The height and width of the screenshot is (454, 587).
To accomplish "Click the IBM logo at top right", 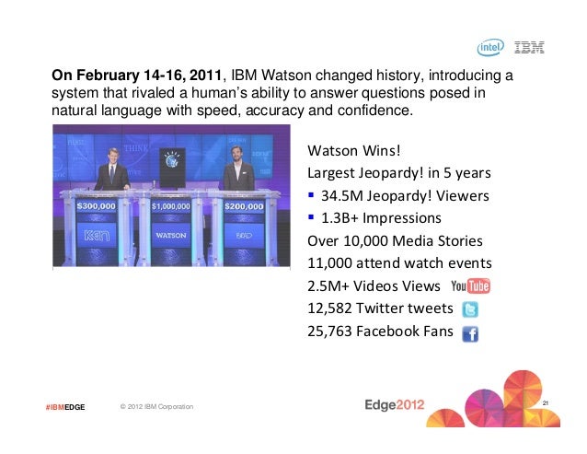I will tap(530, 47).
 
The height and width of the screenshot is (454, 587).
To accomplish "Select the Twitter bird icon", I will tap(469, 309).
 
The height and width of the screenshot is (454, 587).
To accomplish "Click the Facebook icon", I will tap(469, 333).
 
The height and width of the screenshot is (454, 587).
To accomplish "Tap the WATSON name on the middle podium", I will tap(171, 235).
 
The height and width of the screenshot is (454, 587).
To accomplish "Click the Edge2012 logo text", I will tap(396, 405).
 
